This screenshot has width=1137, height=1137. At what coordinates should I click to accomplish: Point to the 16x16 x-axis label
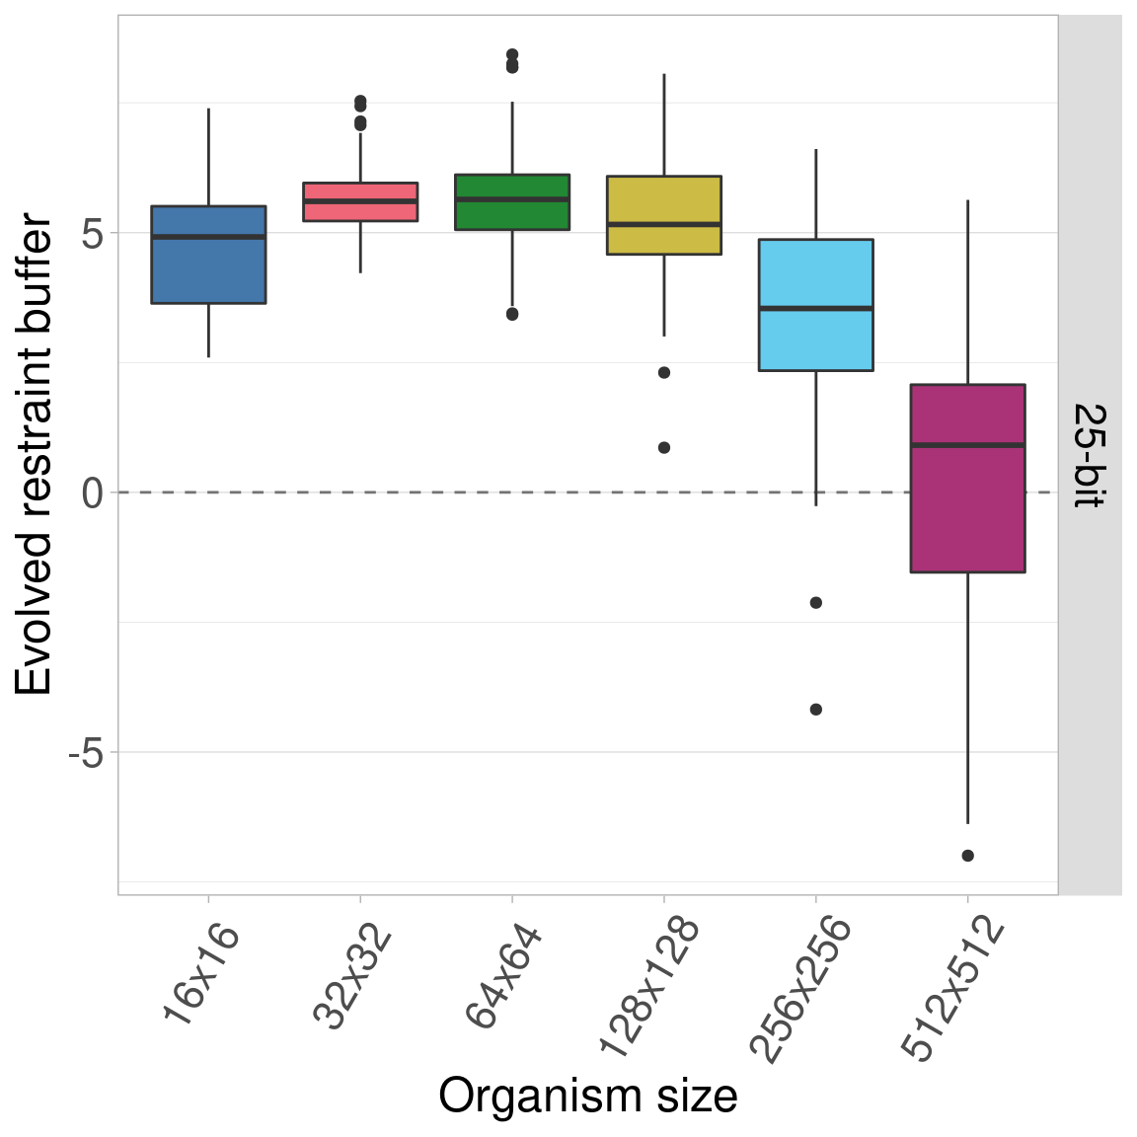[201, 976]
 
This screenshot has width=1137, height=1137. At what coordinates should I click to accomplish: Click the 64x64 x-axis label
[503, 977]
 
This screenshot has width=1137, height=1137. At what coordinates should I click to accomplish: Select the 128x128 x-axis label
[648, 987]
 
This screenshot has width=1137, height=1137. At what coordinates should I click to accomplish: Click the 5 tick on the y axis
[93, 234]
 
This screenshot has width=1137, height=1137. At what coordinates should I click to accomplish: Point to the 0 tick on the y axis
[93, 493]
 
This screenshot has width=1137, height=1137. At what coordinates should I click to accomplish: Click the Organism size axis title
[588, 1097]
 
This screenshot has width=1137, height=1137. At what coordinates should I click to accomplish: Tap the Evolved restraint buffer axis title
[35, 455]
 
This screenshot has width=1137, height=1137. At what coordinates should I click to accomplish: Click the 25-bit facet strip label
[1090, 455]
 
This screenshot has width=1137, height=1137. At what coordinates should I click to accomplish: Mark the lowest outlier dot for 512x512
[968, 856]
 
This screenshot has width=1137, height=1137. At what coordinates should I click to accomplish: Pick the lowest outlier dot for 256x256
[816, 710]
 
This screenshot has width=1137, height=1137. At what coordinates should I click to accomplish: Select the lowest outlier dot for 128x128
[664, 448]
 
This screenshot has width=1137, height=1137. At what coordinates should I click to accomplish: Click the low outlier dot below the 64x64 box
[512, 315]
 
